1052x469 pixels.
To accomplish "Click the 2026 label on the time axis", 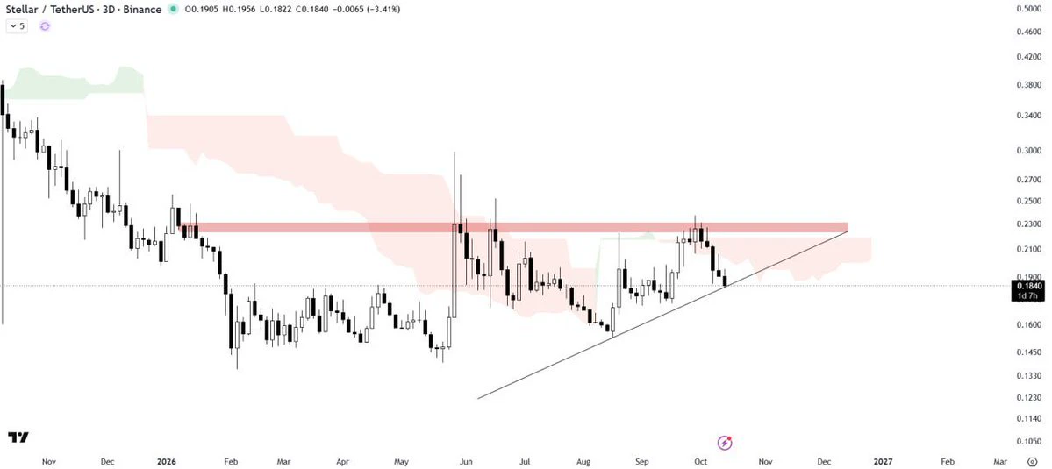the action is [x=166, y=461].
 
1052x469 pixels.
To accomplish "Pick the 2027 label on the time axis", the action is [x=884, y=461].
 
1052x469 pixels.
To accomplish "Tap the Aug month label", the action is [x=583, y=461].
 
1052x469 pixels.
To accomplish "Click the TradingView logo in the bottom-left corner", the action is [x=18, y=437].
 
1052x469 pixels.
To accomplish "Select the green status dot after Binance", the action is [x=174, y=10].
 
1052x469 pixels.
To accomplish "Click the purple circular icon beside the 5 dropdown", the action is [x=45, y=26].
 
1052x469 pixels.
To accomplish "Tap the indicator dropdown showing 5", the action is [x=18, y=26].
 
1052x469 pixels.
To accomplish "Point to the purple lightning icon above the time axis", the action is [x=725, y=442].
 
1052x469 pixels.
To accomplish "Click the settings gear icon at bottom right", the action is [x=1041, y=461].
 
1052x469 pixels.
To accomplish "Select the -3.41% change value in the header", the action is [x=382, y=10].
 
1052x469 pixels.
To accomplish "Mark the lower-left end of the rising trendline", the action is [x=477, y=399].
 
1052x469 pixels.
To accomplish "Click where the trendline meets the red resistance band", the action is [x=847, y=231].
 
